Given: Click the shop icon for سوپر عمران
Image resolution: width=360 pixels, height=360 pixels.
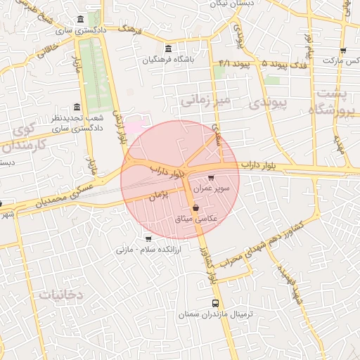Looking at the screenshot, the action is pyautogui.click(x=211, y=179).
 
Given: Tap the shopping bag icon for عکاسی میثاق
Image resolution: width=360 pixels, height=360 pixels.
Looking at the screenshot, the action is pyautogui.click(x=195, y=209).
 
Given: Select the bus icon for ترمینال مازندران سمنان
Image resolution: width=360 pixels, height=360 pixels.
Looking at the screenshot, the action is pyautogui.click(x=215, y=303).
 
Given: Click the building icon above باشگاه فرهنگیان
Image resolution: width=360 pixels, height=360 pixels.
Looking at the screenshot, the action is pyautogui.click(x=167, y=49).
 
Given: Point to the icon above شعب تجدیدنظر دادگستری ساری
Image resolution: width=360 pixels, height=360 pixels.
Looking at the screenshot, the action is pyautogui.click(x=77, y=107).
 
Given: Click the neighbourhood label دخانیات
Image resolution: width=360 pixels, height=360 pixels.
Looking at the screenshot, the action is pyautogui.click(x=61, y=295).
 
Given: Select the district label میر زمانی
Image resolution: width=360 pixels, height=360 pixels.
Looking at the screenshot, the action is pyautogui.click(x=205, y=102).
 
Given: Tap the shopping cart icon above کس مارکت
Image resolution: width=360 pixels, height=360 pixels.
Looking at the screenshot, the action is pyautogui.click(x=343, y=51).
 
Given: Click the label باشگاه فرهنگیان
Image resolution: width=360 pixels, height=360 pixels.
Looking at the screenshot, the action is pyautogui.click(x=167, y=60).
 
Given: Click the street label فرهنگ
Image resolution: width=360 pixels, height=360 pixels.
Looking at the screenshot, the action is pyautogui.click(x=131, y=30).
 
